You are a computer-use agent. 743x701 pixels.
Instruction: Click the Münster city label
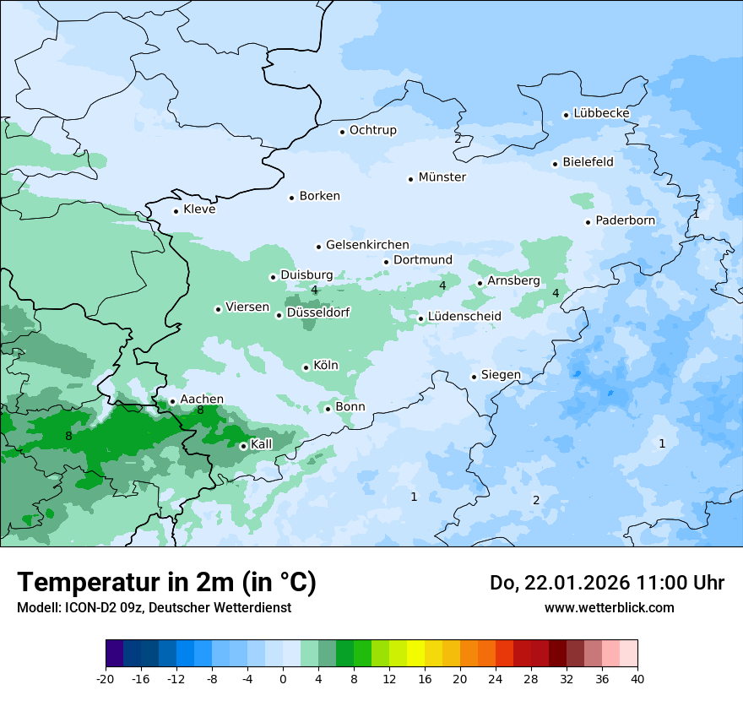click(x=442, y=177)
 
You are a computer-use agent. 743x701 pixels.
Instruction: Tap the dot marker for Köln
click(x=306, y=367)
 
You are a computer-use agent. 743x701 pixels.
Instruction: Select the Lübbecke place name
click(x=601, y=113)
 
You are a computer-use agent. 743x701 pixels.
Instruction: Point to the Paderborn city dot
click(x=588, y=222)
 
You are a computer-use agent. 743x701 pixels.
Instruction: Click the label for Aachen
click(x=202, y=399)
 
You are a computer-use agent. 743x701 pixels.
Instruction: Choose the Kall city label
click(x=262, y=444)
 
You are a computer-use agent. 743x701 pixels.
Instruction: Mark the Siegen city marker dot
click(x=474, y=377)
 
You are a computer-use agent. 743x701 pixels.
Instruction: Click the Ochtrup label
click(x=372, y=130)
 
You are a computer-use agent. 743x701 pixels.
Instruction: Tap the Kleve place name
click(x=199, y=209)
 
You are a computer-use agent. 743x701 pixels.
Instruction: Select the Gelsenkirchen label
click(x=367, y=245)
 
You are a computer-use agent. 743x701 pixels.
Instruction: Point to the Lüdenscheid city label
click(x=464, y=317)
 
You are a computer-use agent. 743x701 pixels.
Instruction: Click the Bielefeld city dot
click(x=555, y=164)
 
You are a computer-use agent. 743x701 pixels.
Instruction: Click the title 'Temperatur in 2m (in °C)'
click(x=166, y=582)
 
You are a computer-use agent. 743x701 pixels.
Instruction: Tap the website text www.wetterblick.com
click(x=609, y=607)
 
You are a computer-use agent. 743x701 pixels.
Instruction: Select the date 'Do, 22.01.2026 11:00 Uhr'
click(x=606, y=583)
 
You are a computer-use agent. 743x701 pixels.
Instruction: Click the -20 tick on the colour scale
click(x=106, y=679)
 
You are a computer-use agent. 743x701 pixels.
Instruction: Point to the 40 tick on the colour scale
click(x=637, y=679)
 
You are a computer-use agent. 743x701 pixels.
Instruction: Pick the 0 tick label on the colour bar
click(x=283, y=679)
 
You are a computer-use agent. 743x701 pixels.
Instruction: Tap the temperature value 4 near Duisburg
click(x=314, y=291)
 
